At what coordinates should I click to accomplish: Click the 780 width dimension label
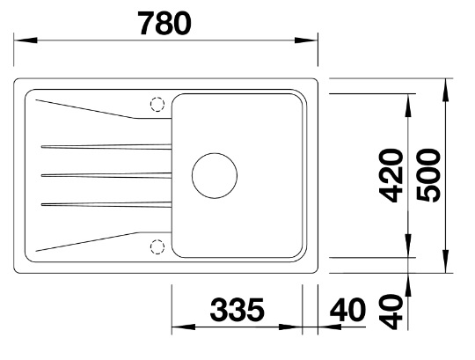(164, 24)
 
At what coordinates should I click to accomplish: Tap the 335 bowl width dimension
(237, 310)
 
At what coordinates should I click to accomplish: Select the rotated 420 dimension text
(391, 175)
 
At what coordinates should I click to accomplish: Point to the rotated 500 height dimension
(428, 175)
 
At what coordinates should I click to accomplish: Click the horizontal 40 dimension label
(347, 310)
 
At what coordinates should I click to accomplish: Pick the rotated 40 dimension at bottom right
(391, 312)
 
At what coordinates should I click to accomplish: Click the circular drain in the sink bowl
(215, 153)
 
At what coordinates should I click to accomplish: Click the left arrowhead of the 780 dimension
(26, 40)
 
